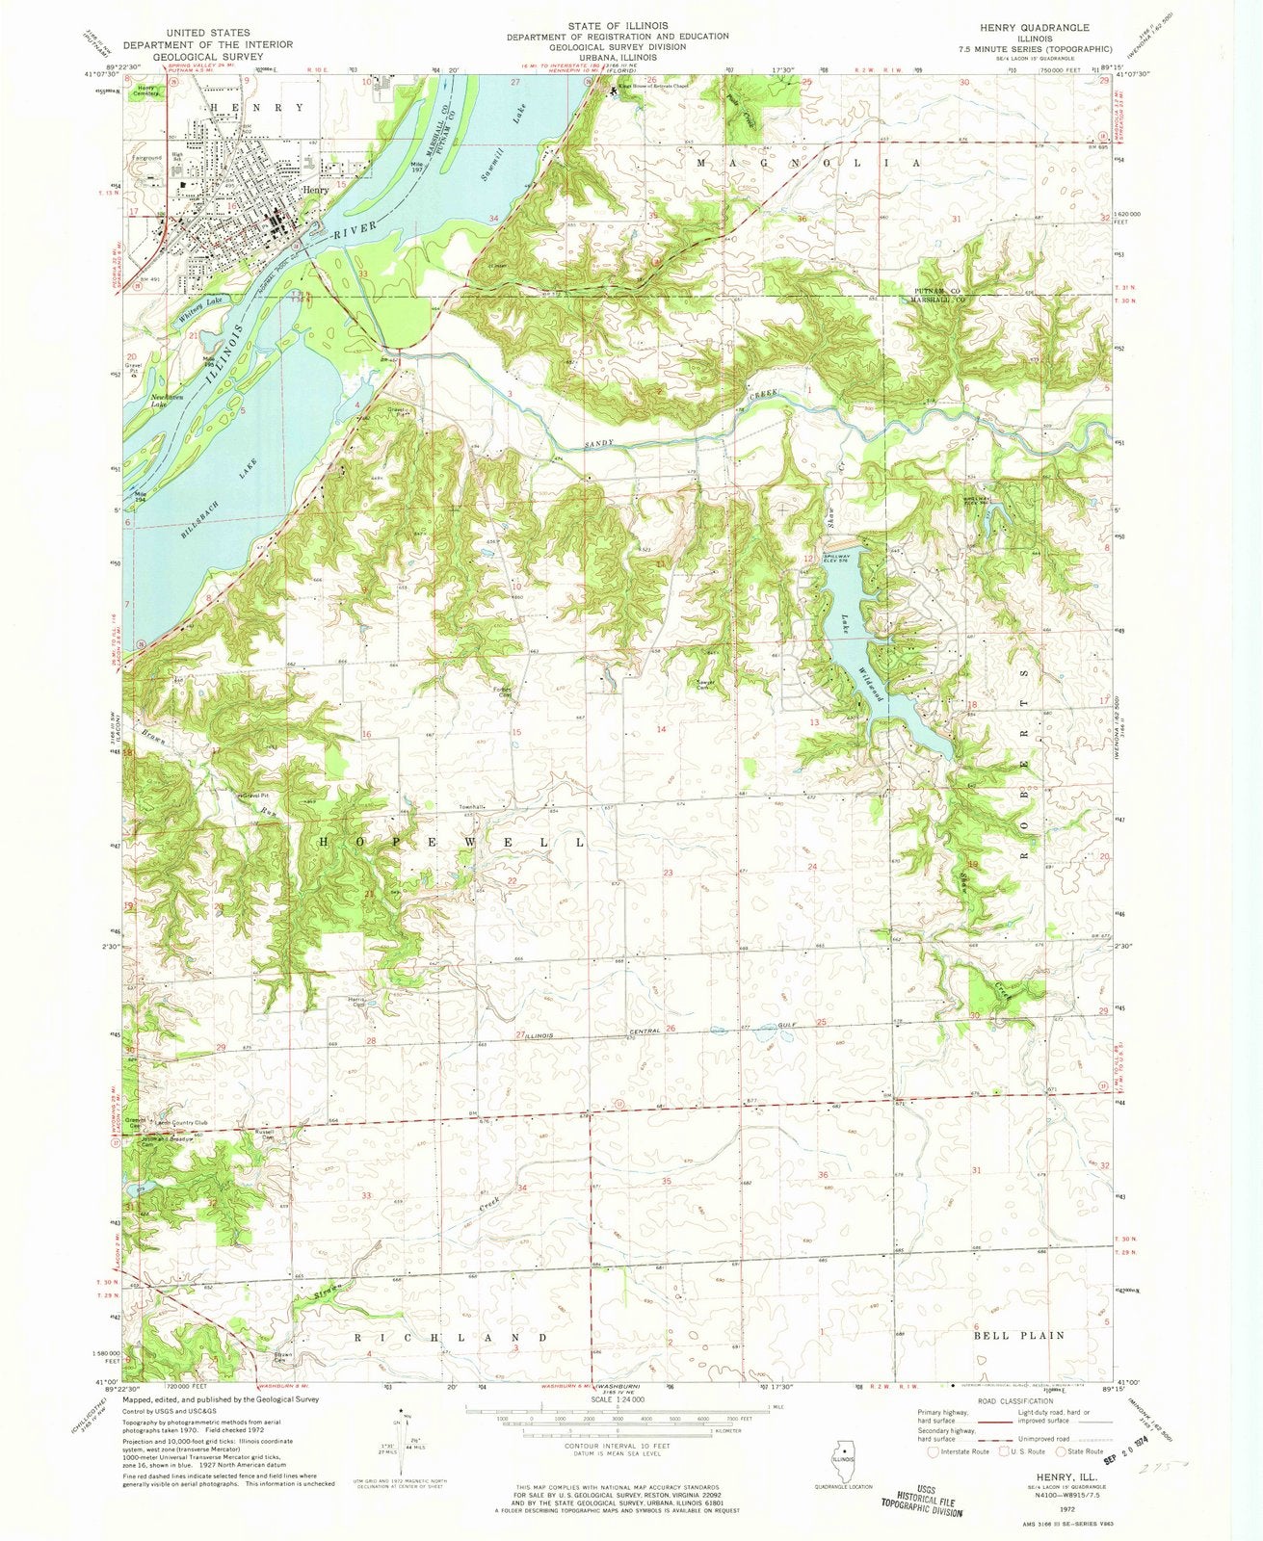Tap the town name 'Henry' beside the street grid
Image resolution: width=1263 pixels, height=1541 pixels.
[315, 190]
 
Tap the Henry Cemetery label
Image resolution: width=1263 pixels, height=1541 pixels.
[139, 91]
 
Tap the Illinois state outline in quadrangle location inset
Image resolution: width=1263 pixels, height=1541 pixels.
[846, 1453]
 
